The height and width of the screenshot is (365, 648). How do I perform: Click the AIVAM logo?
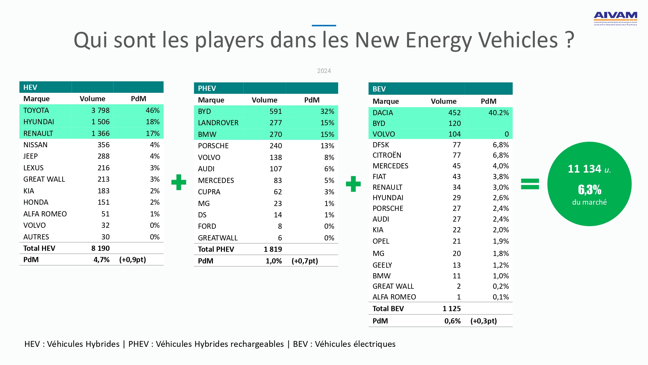click(x=615, y=18)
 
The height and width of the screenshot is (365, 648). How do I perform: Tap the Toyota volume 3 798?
click(x=100, y=110)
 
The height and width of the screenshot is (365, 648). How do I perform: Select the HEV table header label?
click(x=30, y=87)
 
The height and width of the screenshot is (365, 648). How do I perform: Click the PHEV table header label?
click(x=207, y=88)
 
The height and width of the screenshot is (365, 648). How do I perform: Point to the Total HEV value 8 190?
click(x=100, y=248)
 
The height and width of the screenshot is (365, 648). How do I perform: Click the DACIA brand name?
click(x=383, y=113)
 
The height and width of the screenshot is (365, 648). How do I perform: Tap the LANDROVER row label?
click(x=218, y=123)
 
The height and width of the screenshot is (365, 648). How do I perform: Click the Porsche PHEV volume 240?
click(x=276, y=146)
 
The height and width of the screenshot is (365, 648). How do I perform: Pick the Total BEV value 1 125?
click(x=451, y=309)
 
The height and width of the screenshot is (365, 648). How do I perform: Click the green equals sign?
click(x=530, y=184)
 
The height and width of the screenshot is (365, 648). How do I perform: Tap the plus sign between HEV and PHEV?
click(x=179, y=182)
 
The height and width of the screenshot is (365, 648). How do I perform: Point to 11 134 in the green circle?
click(x=584, y=169)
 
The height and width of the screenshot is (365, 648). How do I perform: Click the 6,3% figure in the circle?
click(x=589, y=189)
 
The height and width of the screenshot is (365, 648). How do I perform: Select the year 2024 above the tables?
click(x=324, y=71)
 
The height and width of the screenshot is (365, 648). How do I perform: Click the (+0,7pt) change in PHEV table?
click(x=305, y=261)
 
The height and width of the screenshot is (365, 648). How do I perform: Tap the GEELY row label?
click(x=382, y=265)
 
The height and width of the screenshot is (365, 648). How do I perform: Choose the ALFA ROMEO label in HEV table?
click(x=45, y=214)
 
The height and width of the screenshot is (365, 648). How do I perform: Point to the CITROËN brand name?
click(x=387, y=155)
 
